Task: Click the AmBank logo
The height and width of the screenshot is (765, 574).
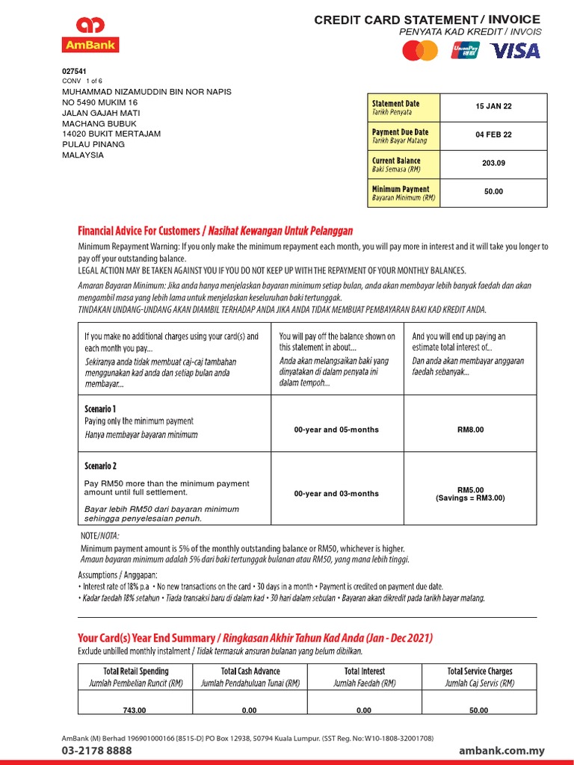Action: [x=82, y=34]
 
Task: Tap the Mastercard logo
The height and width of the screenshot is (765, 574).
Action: [x=419, y=51]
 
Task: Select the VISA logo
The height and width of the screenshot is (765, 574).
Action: [x=515, y=51]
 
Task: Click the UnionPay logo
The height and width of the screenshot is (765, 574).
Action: [x=465, y=51]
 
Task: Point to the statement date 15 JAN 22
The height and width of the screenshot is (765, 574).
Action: [x=493, y=107]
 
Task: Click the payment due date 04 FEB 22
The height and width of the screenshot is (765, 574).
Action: [x=493, y=135]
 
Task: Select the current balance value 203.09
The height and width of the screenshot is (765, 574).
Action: [x=493, y=164]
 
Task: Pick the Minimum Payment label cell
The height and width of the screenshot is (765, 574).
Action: [x=404, y=193]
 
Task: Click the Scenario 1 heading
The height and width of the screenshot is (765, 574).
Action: [x=100, y=409]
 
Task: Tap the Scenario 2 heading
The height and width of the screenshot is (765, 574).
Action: [x=100, y=465]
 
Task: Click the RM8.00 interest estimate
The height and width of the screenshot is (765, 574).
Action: [x=470, y=430]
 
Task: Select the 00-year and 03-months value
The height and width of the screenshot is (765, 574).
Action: [x=336, y=494]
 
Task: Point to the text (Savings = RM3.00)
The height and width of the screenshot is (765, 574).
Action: [x=470, y=498]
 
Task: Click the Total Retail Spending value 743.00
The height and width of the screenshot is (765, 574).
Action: [x=135, y=710]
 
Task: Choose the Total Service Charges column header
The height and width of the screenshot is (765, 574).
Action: [x=479, y=671]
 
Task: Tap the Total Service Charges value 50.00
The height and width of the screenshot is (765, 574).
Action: [x=479, y=710]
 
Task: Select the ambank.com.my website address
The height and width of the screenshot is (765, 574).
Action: [x=502, y=751]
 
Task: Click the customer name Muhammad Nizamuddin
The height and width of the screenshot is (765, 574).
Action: [x=146, y=92]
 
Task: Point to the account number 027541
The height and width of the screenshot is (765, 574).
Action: [x=75, y=72]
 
